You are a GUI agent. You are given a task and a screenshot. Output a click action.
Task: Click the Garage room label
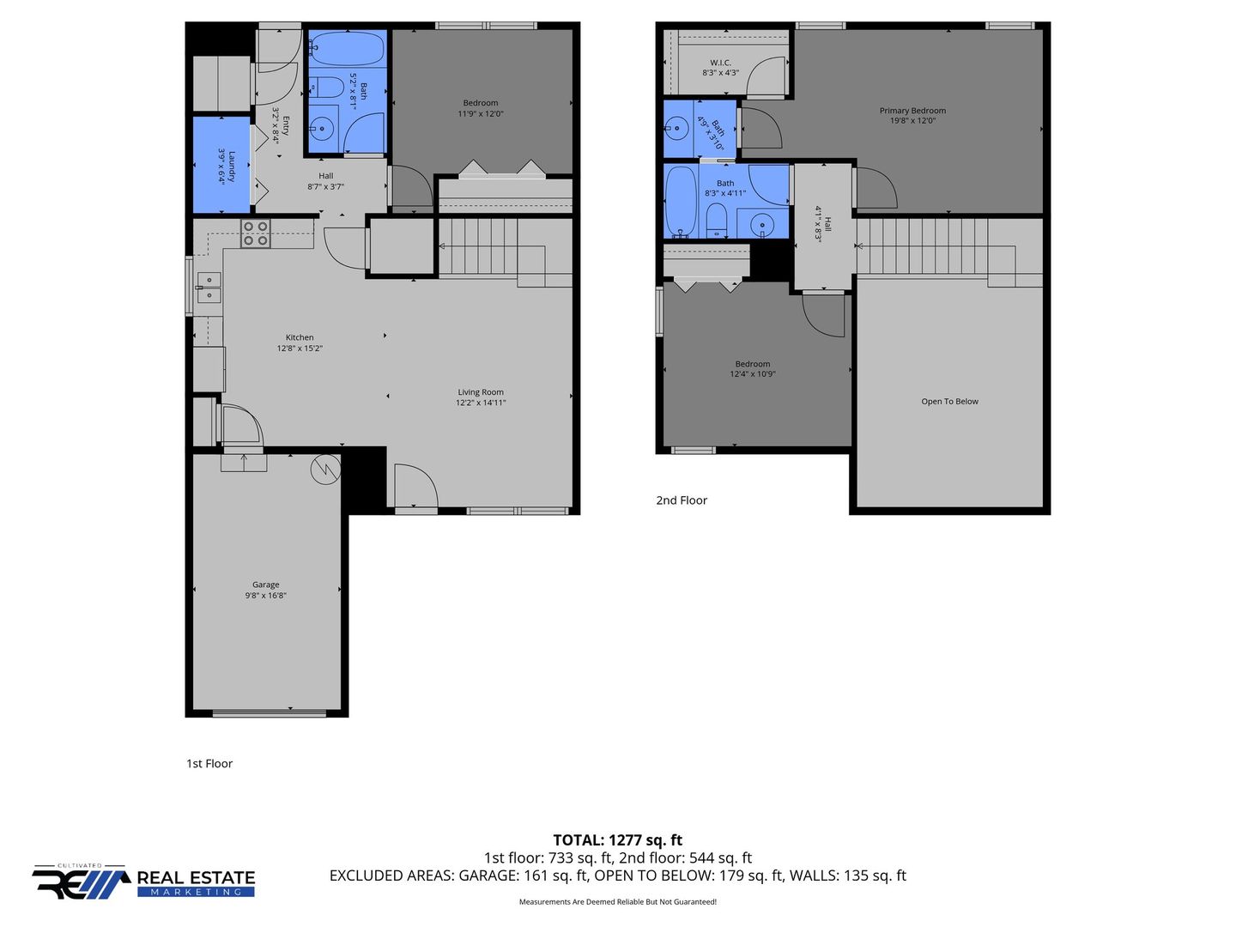click(265, 585)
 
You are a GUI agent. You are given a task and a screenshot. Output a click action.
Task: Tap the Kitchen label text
click(299, 337)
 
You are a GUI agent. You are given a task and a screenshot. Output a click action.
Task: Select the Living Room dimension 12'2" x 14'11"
click(481, 403)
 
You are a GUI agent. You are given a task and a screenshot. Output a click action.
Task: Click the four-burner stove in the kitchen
click(256, 233)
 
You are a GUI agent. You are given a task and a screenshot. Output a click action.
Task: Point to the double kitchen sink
click(208, 288)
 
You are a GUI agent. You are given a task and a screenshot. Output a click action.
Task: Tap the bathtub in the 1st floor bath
click(347, 49)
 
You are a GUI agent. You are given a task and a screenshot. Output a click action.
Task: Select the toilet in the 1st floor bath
click(327, 88)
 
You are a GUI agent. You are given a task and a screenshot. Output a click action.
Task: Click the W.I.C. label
click(720, 63)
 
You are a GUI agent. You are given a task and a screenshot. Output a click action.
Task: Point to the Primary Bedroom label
click(912, 111)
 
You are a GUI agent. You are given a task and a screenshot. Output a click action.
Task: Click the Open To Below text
click(949, 402)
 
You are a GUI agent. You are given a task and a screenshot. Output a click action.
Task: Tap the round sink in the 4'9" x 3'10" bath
click(676, 129)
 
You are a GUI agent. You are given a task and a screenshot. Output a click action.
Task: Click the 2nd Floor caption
click(682, 500)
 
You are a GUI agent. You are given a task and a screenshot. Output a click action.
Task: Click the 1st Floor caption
click(209, 763)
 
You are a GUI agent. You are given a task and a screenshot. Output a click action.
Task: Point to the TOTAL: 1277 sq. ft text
click(617, 839)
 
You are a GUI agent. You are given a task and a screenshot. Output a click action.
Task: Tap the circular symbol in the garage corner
click(325, 469)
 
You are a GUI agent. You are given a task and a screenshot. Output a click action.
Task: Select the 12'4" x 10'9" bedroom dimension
click(752, 373)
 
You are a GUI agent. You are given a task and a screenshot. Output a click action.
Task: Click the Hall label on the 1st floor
click(325, 176)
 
